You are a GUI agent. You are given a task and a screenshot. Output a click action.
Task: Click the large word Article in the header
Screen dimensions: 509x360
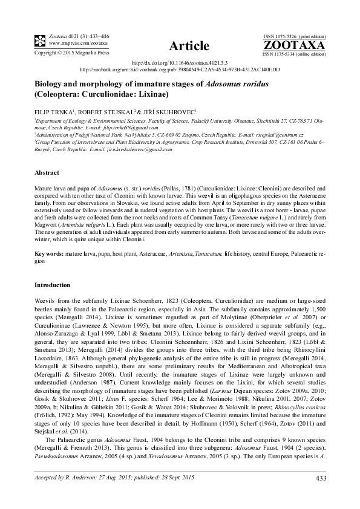[x=189, y=46]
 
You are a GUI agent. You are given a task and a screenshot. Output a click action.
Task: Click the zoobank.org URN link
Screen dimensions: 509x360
[x=180, y=70]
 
